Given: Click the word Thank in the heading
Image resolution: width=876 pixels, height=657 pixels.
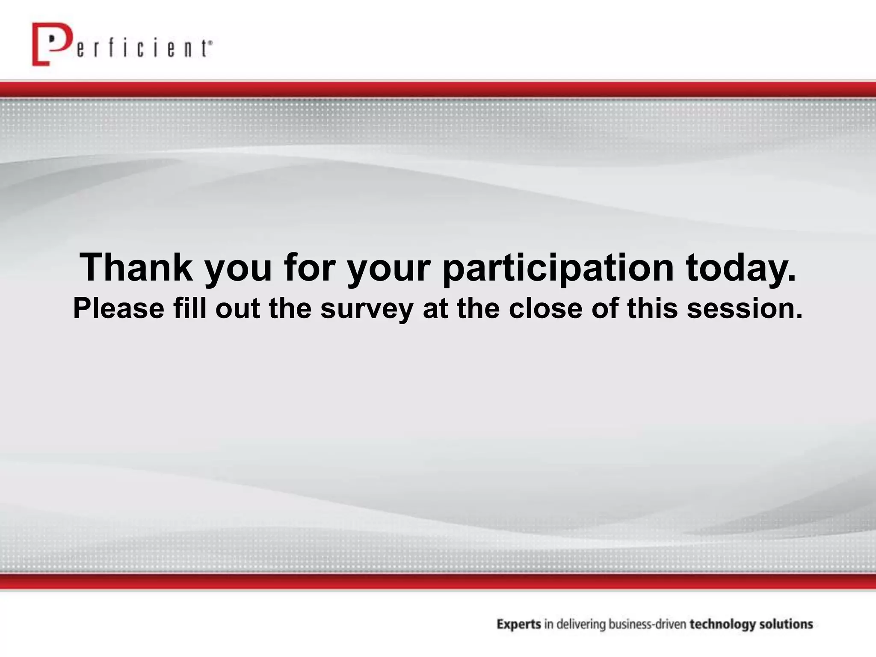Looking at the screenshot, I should tap(136, 268).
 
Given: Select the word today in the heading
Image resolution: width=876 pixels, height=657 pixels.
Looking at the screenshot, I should tap(742, 268).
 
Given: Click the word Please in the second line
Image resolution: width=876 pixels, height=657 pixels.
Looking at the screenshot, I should tap(118, 308).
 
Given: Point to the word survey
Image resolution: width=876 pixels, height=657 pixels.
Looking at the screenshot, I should tap(367, 309).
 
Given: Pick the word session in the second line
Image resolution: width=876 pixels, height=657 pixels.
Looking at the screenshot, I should tap(744, 308).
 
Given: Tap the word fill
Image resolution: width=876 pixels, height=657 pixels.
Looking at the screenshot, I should tap(189, 308).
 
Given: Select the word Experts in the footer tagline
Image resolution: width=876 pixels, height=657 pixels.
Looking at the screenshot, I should tap(519, 625).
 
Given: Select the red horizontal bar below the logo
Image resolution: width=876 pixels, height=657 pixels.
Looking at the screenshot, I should tap(438, 89).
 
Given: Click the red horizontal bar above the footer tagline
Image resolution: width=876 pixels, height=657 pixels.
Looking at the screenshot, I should tap(438, 581).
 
